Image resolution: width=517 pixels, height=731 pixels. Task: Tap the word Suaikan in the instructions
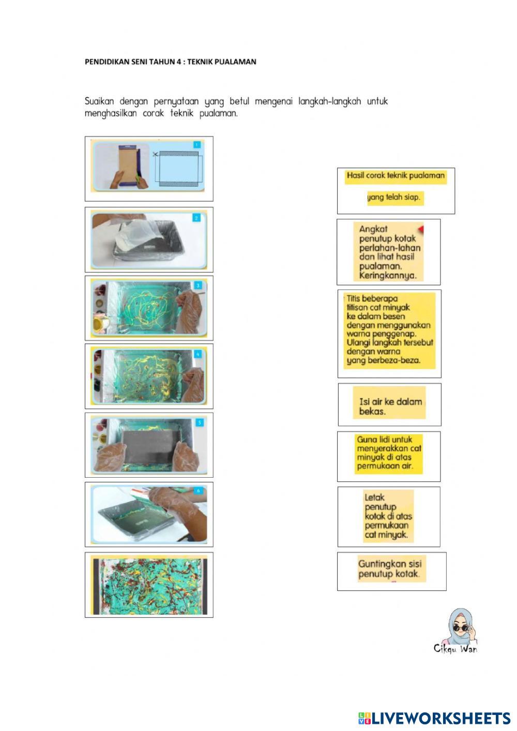coord(99,101)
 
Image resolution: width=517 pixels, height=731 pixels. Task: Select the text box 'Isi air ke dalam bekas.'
coord(389,405)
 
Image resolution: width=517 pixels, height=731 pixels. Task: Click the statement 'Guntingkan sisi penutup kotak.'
coord(392,571)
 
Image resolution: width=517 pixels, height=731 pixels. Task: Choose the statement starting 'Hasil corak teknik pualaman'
coord(396,191)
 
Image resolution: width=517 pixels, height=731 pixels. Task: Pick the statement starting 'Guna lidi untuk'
coord(389,456)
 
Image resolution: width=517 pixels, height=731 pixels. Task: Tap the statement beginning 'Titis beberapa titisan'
coord(389,334)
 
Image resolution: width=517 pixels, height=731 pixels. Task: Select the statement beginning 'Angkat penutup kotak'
coord(388,252)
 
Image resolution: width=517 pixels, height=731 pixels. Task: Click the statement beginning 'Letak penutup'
coord(389,516)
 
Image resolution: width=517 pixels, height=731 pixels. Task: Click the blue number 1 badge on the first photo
coord(197,145)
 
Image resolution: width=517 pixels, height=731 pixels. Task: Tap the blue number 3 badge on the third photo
coord(198,285)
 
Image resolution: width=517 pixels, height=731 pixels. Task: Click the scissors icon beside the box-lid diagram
coord(156,154)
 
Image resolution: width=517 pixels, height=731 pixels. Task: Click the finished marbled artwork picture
coord(149,585)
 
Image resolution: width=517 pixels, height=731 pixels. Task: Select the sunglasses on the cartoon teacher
coord(462,629)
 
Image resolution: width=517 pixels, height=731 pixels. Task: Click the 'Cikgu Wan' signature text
coord(455,649)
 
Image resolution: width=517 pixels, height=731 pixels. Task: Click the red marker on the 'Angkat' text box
coord(421,229)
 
